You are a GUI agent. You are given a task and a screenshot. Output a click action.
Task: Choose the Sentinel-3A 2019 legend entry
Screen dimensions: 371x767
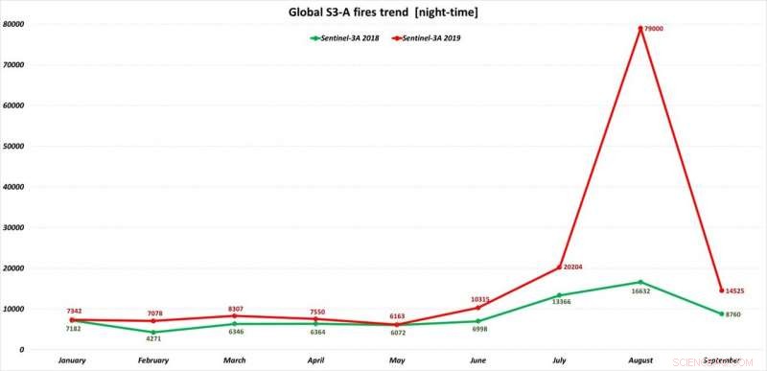pyautogui.click(x=430, y=37)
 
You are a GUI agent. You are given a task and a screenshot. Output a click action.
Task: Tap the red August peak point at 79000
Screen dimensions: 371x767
pyautogui.click(x=639, y=28)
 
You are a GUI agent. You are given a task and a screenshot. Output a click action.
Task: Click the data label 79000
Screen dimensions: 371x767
pyautogui.click(x=653, y=29)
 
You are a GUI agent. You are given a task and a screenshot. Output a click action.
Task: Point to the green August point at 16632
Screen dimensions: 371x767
pyautogui.click(x=639, y=282)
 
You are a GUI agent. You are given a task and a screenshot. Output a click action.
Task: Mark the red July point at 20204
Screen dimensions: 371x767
pyautogui.click(x=559, y=267)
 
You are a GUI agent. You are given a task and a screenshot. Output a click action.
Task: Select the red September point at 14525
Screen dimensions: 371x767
pyautogui.click(x=720, y=290)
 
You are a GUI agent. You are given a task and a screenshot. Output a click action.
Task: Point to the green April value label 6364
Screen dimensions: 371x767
pyautogui.click(x=316, y=332)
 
